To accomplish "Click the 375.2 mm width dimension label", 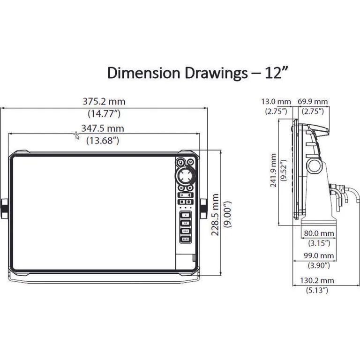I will [x=104, y=101].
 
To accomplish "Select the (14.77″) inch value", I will [x=104, y=113].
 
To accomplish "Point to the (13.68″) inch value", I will [x=103, y=140].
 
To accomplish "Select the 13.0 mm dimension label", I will [x=276, y=101].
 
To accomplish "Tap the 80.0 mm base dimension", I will [x=319, y=233].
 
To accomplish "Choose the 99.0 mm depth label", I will [x=319, y=256].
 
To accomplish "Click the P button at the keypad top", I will [x=180, y=162].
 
